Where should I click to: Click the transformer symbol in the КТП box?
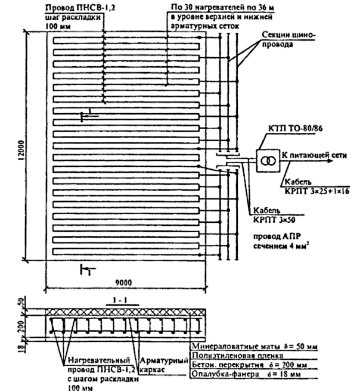(268, 161)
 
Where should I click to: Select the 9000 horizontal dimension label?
(123, 282)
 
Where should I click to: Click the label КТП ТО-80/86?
(295, 129)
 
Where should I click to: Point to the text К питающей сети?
(314, 155)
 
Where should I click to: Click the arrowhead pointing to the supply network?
(330, 160)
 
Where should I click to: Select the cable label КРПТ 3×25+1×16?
(317, 191)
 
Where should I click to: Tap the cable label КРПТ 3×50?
(274, 220)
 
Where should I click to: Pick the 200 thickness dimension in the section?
(21, 326)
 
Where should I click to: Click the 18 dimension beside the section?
(21, 346)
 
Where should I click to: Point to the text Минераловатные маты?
(236, 347)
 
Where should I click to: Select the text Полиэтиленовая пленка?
(238, 355)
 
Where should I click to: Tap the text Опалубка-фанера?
(226, 374)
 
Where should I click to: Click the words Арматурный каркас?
(163, 365)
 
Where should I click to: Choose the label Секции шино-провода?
(288, 39)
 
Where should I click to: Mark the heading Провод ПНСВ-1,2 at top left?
(80, 8)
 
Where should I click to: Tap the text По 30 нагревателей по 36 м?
(222, 8)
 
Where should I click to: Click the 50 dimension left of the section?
(21, 303)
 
